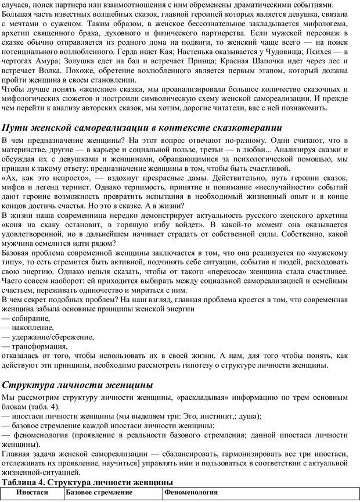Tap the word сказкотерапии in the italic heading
click(x=246, y=128)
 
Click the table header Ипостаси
click(x=32, y=493)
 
